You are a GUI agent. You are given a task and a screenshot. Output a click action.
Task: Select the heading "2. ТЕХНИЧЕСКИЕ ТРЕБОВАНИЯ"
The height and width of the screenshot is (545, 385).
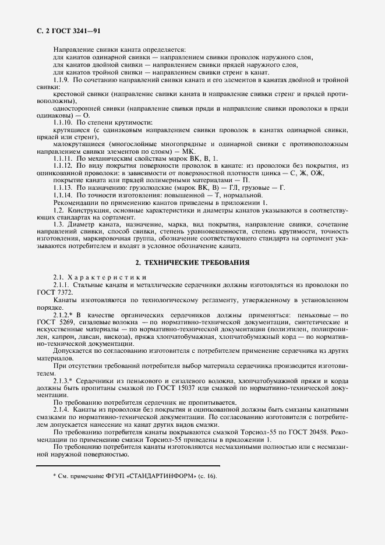(x=192, y=263)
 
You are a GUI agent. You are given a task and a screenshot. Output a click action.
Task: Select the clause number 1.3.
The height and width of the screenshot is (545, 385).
(x=59, y=225)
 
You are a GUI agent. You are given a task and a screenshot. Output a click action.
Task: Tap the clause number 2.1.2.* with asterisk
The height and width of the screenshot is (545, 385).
(x=65, y=313)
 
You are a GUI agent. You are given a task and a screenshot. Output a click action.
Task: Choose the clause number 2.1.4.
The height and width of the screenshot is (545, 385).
(x=62, y=410)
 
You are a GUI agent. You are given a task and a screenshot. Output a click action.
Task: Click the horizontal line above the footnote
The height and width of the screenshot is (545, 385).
(x=128, y=465)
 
